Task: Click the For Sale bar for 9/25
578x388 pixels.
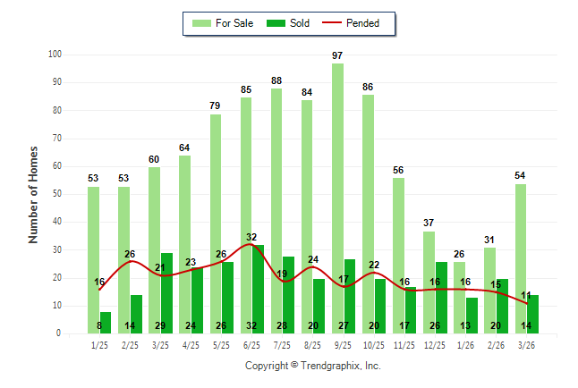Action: click(x=337, y=198)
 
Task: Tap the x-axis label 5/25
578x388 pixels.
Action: click(x=221, y=344)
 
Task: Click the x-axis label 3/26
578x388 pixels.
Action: click(x=526, y=344)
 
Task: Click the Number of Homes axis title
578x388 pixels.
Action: click(x=34, y=194)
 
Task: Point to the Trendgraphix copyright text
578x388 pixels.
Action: click(x=313, y=366)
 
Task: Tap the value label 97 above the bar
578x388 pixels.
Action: click(x=337, y=55)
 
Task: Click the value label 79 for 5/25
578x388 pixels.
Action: click(x=216, y=106)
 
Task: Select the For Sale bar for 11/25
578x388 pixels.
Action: click(x=398, y=255)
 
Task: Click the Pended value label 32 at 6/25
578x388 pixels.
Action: click(x=251, y=237)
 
